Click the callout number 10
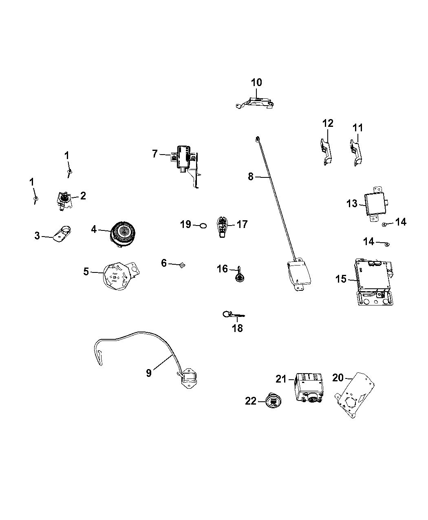point(256,82)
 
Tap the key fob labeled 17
point(223,226)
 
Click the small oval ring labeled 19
point(203,225)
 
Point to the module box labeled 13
point(375,203)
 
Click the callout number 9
point(149,373)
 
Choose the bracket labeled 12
point(326,151)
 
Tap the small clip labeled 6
point(181,265)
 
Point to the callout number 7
point(154,154)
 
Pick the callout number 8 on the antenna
point(251,177)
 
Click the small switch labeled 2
point(63,200)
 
